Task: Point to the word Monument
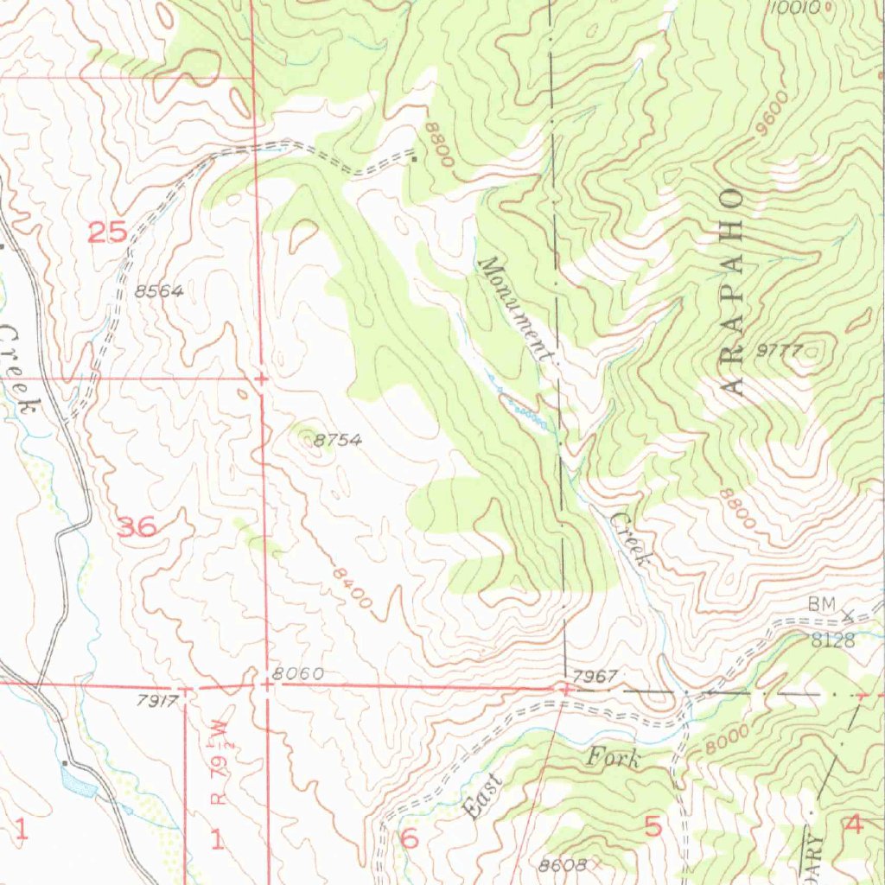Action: pos(517,309)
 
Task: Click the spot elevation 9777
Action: pos(780,351)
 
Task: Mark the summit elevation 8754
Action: pos(337,441)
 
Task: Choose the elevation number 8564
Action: pos(159,292)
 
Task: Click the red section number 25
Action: pos(107,232)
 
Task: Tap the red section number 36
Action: pos(137,526)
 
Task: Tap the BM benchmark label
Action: pos(822,606)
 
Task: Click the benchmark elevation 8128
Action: pos(832,640)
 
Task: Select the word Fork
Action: pos(614,759)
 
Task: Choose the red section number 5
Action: pos(653,826)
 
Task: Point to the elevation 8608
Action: pos(563,864)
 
